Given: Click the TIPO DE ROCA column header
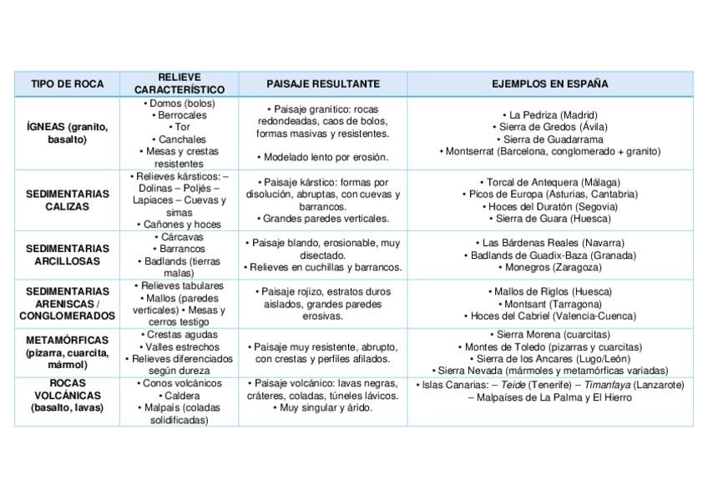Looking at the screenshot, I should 67,83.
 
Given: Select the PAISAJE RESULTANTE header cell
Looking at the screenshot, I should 323,83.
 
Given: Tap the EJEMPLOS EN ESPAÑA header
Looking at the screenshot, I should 549,83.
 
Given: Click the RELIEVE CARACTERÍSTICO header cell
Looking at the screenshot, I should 179,83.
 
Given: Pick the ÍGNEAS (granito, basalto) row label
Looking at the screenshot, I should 67,134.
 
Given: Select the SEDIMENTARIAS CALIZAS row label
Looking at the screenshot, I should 67,199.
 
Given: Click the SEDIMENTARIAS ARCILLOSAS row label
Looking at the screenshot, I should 67,255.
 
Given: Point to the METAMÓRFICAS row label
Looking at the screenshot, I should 67,352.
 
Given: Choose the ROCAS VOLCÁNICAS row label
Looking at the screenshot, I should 67,396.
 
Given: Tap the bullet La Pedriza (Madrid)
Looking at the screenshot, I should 550,114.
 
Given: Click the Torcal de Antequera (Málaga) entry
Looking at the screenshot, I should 549,182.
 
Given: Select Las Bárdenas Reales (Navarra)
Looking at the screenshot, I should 550,243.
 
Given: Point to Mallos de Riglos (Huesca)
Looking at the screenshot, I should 550,291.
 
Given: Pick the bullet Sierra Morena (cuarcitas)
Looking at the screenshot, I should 550,334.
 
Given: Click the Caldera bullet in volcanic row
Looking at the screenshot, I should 179,396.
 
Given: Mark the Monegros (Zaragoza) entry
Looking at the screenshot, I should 550,267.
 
